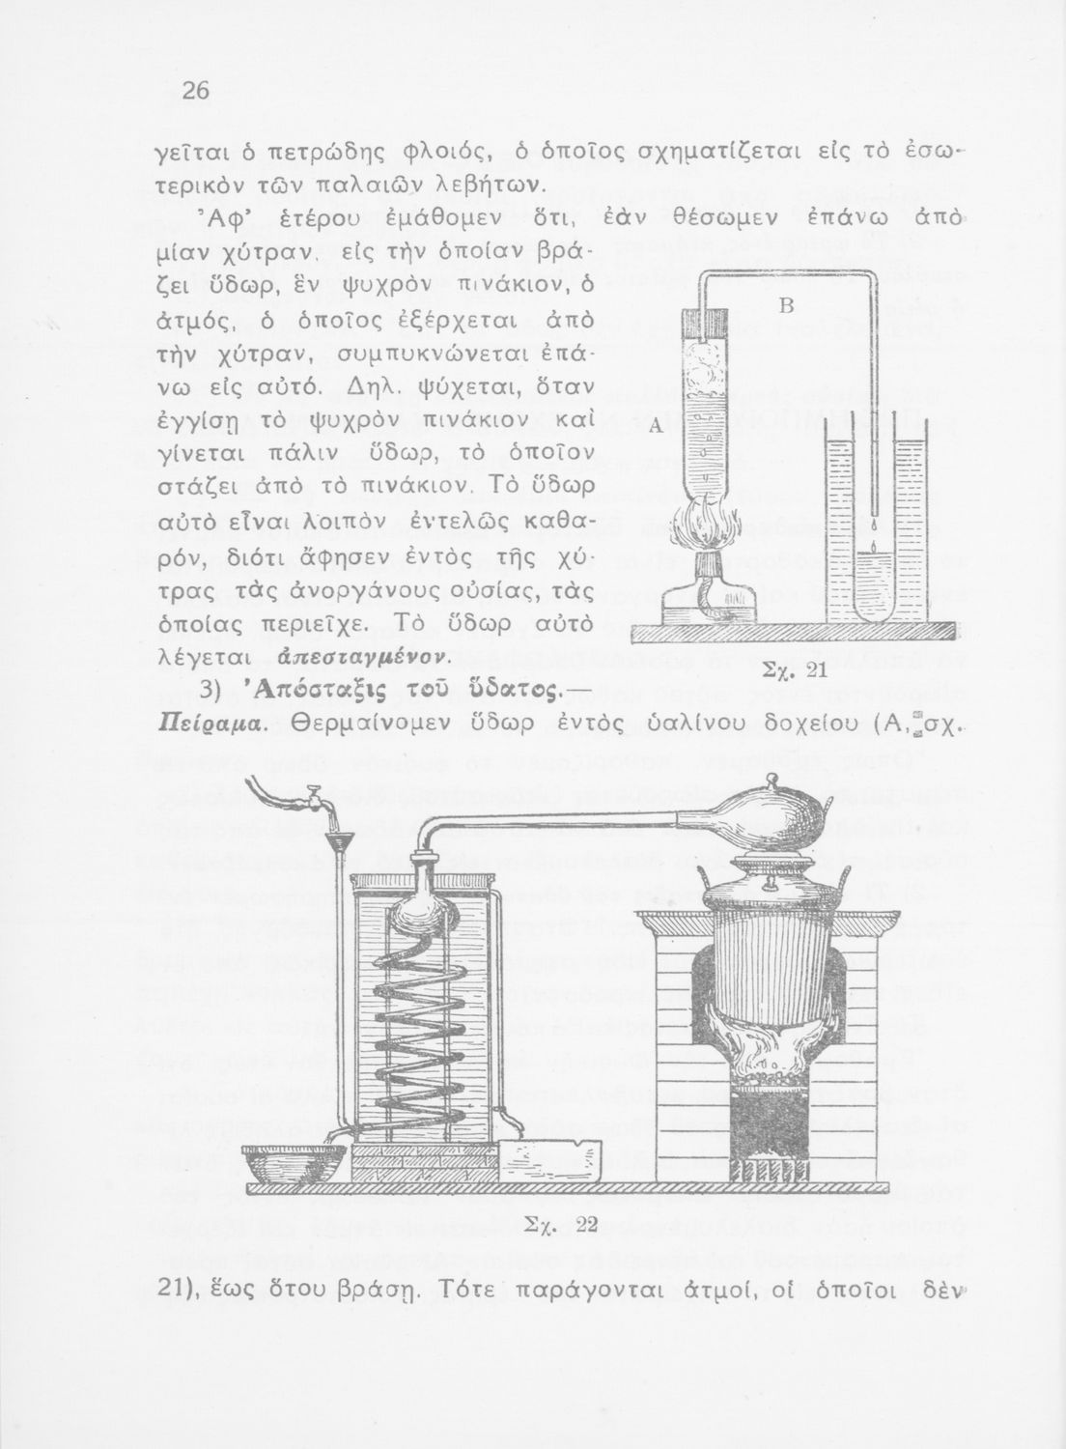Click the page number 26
coord(196,90)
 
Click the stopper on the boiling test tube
coord(703,319)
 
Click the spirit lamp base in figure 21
coord(703,609)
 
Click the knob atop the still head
coord(772,780)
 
